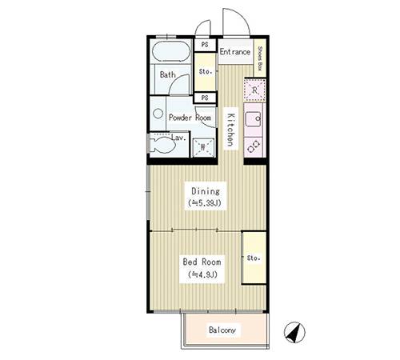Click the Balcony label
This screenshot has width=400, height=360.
pos(222,330)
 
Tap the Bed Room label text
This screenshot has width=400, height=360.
pos(202,262)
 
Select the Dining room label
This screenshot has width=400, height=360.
pos(206,191)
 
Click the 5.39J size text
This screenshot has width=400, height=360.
pos(205,203)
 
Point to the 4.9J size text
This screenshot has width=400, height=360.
pos(202,274)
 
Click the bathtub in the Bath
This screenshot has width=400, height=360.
pos(171,51)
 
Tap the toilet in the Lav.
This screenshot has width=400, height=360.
pos(162,145)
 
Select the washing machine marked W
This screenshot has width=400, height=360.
pos(203,147)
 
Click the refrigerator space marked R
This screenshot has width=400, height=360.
pos(254,90)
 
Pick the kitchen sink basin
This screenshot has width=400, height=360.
pos(253,119)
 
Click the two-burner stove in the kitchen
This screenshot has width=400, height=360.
pos(254,146)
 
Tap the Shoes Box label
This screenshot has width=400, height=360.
pos(260,58)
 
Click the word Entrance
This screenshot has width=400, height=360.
pos(234,51)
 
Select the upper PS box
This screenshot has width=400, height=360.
pos(205,45)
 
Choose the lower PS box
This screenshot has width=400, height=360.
pos(205,98)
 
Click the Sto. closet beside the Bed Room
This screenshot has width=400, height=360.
pos(254,258)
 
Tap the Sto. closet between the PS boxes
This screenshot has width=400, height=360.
pos(205,72)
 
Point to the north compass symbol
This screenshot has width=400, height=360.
pos(294,332)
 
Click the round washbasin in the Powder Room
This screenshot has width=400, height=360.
pos(158,114)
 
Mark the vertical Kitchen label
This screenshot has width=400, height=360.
pos(230,130)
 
